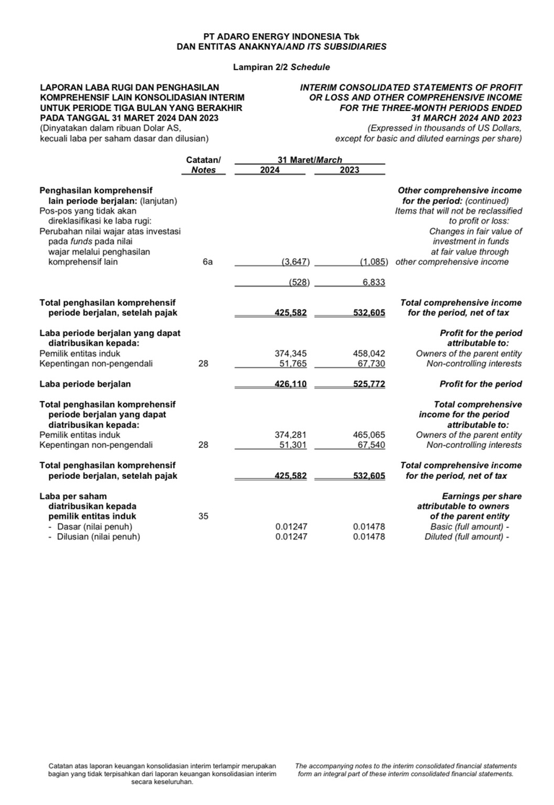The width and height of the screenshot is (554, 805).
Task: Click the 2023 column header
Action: (x=351, y=170)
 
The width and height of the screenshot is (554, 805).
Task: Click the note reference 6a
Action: (x=208, y=263)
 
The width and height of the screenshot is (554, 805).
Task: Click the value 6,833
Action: (x=373, y=283)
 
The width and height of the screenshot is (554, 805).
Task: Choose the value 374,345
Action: (x=291, y=353)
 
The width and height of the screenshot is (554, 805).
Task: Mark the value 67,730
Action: (x=369, y=364)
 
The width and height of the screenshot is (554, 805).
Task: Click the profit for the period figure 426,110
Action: (x=291, y=384)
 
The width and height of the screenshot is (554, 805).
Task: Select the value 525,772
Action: (x=369, y=384)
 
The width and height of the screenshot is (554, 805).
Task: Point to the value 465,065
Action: (x=369, y=435)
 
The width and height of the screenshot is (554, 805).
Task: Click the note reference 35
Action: (x=203, y=516)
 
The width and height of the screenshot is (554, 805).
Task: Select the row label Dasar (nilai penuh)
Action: (x=94, y=527)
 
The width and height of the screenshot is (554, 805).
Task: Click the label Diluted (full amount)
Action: (x=467, y=537)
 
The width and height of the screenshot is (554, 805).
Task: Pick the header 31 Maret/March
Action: (x=310, y=160)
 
